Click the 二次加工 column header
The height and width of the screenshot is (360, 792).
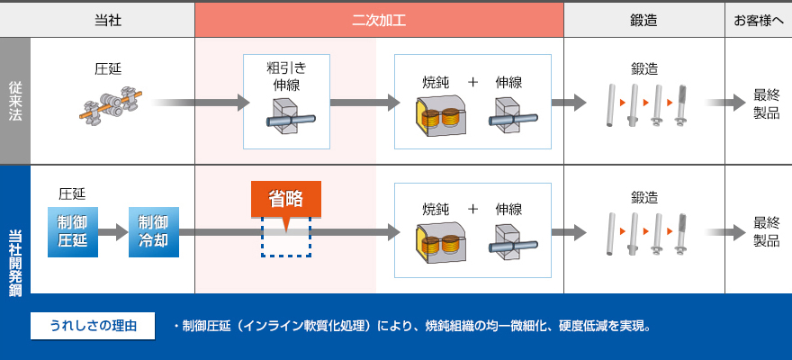tap(379, 19)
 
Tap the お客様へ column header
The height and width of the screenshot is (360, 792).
tap(758, 19)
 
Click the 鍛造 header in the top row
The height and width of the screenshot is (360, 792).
tap(643, 19)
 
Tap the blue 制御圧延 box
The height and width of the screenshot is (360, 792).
tap(73, 231)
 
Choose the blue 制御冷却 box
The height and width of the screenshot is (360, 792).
tap(153, 231)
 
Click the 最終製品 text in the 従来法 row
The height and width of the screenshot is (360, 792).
tap(766, 103)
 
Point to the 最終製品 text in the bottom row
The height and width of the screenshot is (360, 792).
tap(766, 231)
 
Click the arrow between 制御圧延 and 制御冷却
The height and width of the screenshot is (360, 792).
tap(113, 232)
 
